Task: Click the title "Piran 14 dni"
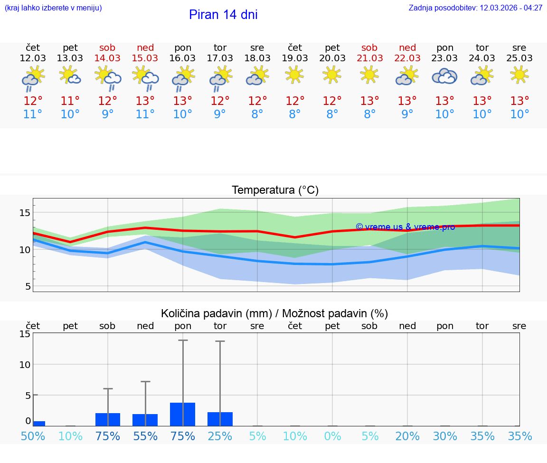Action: click(x=223, y=15)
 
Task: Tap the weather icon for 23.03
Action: click(x=444, y=76)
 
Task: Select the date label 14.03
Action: click(x=107, y=58)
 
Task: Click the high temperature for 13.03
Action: click(x=70, y=101)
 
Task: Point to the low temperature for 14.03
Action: click(x=107, y=114)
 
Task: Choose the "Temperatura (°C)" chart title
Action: click(x=275, y=190)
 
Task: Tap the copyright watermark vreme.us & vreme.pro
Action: click(x=405, y=227)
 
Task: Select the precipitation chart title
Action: click(x=274, y=313)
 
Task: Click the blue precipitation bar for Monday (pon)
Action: click(x=183, y=414)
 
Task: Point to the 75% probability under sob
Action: click(x=107, y=436)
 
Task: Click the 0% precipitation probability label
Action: click(x=332, y=436)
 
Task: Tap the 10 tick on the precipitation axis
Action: click(x=24, y=364)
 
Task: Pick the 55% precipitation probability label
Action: click(x=145, y=436)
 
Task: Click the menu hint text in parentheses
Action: click(x=53, y=8)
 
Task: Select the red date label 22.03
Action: click(x=407, y=58)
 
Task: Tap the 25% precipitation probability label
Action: click(x=220, y=436)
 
